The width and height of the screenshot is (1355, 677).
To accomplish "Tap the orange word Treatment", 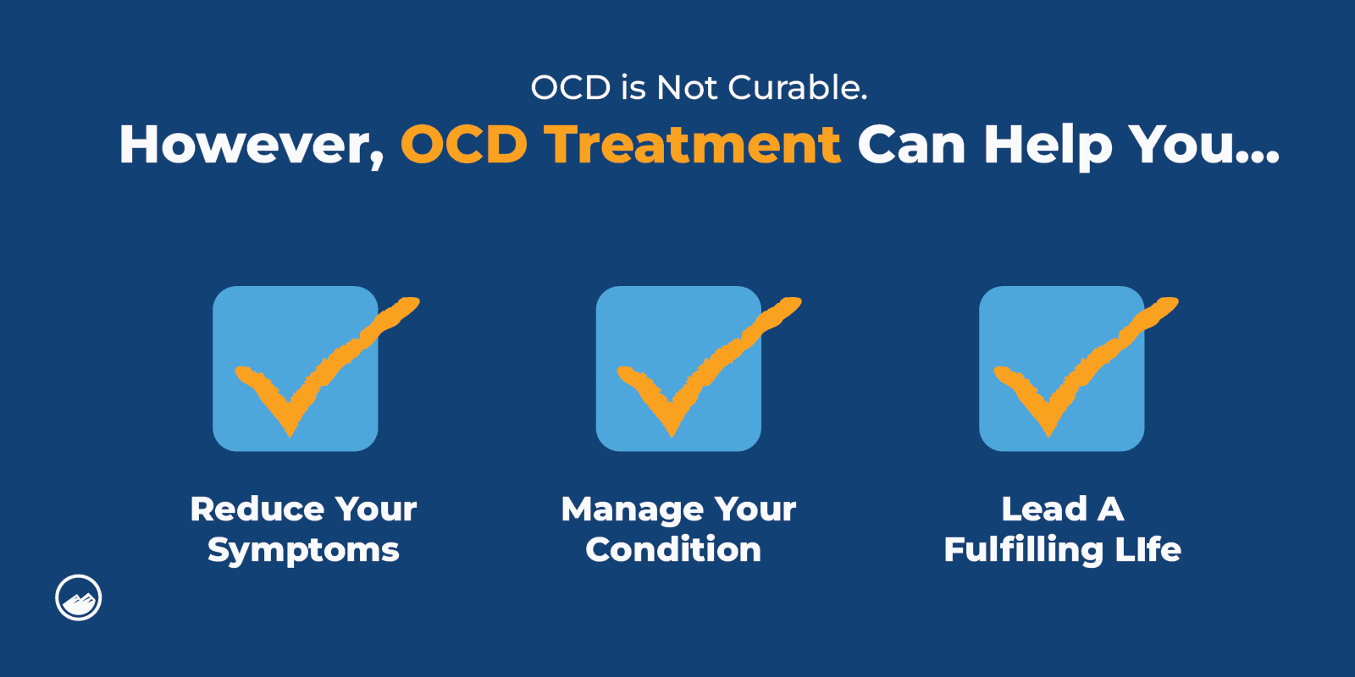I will pos(692,145).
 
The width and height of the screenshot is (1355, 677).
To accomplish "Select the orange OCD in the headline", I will pos(464,145).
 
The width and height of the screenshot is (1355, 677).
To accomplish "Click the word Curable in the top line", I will pos(797,88).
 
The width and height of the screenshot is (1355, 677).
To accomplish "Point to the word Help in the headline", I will pos(1048,145).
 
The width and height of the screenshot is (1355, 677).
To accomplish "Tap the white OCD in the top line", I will pos(570,88).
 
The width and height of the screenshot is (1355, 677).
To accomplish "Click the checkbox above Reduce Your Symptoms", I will pos(296,368).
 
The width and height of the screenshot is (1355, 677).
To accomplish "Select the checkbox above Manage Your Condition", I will pos(678,368).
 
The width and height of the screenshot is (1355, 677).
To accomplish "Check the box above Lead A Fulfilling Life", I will pos(1061,368).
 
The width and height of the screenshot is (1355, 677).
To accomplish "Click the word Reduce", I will pos(257,509).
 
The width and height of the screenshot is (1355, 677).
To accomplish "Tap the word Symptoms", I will pos(303,551).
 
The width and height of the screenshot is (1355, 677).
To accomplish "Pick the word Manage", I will pos(632,509).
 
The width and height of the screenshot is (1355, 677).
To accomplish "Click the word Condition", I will pos(673,550).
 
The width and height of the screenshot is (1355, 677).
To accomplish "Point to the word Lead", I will pos(1043,509).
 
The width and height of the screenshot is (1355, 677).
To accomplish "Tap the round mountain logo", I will pos(79,597).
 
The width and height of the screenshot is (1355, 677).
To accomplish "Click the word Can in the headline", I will pos(911,145).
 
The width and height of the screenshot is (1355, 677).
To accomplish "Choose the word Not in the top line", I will pos(688,88).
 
